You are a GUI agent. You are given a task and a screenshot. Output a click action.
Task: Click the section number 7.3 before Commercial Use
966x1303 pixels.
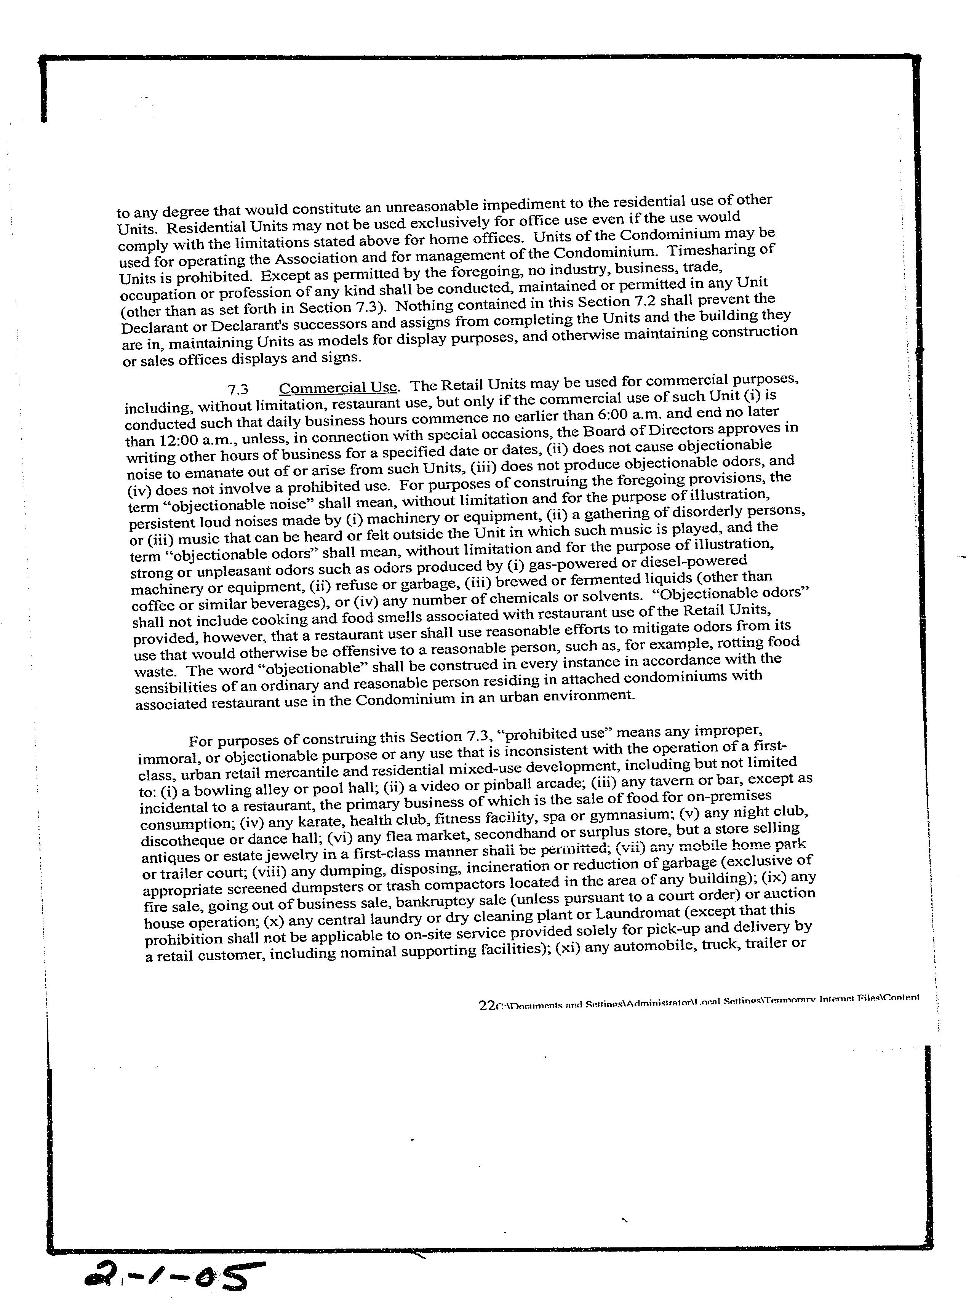[x=238, y=390]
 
